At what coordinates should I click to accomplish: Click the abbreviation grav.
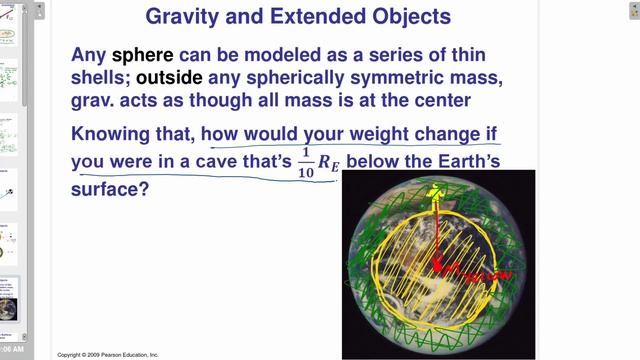click(x=96, y=101)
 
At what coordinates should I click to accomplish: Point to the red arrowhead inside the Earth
click(x=436, y=265)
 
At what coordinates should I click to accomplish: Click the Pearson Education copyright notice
click(x=108, y=354)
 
